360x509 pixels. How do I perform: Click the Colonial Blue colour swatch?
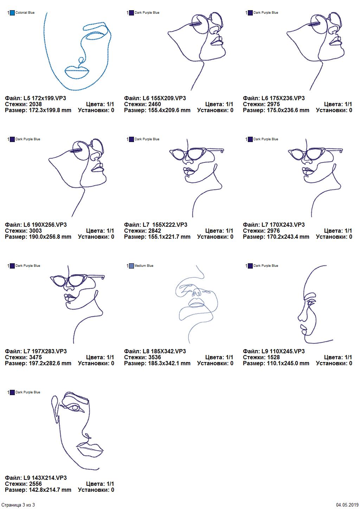point(12,13)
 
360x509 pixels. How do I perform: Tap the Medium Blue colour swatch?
point(131,266)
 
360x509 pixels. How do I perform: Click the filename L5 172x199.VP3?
point(45,98)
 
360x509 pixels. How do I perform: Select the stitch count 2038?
point(36,104)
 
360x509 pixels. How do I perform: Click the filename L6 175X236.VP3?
point(283,98)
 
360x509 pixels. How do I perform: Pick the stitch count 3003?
point(36,231)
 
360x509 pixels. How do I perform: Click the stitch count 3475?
point(36,357)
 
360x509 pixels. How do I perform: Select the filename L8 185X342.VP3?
point(164,351)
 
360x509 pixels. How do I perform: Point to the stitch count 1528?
point(274,357)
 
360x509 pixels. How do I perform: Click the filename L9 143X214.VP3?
point(45,478)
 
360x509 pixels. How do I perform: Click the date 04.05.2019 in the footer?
point(347,505)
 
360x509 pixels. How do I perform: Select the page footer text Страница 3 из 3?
point(18,505)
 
